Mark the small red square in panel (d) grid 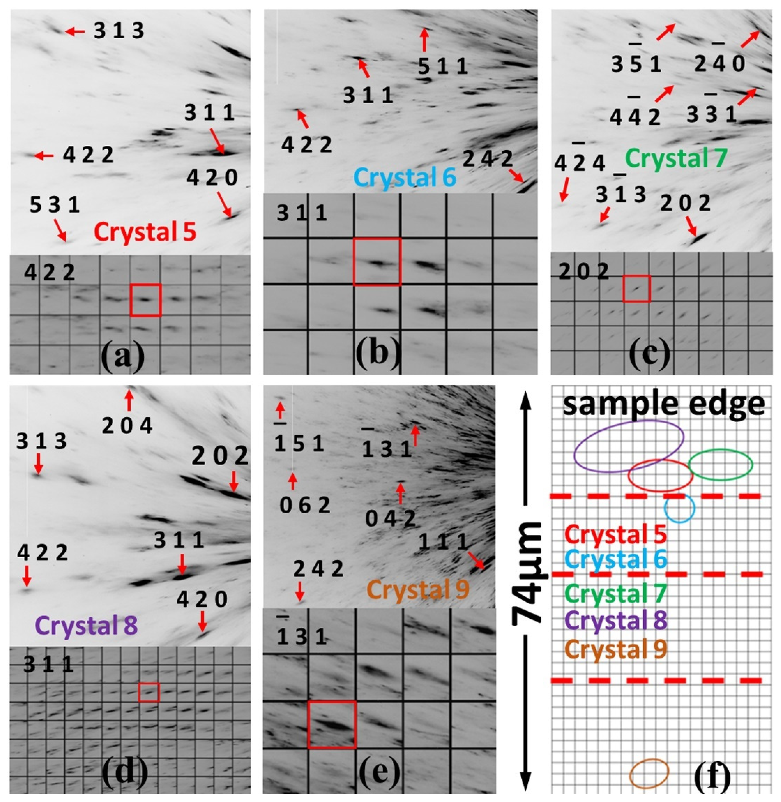[149, 692]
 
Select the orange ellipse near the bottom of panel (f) [649, 773]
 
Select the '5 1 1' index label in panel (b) [443, 66]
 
